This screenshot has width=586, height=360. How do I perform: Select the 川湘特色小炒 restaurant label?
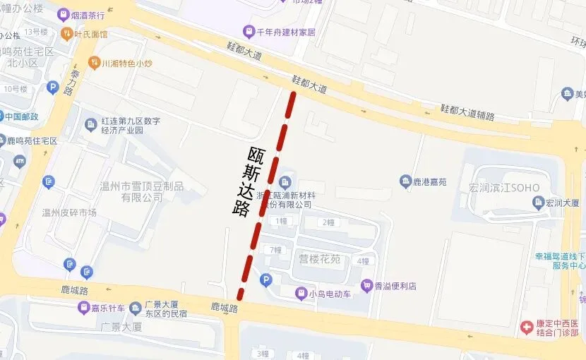[127, 63]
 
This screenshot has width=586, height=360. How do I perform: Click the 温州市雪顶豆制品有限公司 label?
[141, 191]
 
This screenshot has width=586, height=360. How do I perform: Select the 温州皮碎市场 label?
[69, 212]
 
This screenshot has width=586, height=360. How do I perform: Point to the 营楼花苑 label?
[320, 259]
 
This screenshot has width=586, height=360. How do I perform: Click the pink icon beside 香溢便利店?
[366, 285]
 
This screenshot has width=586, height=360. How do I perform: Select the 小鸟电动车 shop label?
[330, 293]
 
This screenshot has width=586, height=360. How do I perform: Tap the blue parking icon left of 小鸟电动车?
[266, 281]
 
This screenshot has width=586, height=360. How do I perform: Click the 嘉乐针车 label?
[108, 308]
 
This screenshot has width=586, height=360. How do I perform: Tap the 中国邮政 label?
[28, 116]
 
